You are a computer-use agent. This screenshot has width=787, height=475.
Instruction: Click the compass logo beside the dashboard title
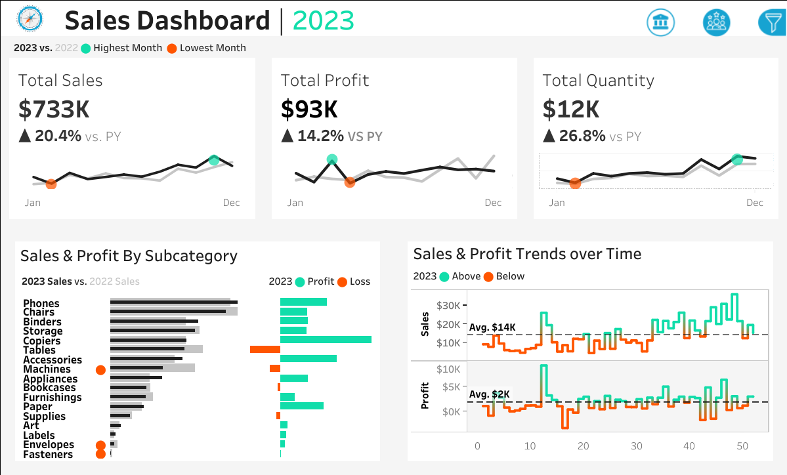point(30,20)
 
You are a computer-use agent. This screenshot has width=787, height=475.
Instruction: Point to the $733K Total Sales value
point(54,110)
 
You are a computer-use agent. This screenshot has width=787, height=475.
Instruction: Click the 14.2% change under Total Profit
point(321,136)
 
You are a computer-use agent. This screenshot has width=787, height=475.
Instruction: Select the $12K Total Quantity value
point(571,110)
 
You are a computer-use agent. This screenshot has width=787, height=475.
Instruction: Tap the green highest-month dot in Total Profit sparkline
point(332,159)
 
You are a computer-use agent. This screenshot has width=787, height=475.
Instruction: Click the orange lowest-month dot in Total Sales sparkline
point(51,184)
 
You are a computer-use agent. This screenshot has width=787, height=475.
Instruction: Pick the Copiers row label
point(41,341)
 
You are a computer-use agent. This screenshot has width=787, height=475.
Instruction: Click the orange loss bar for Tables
point(261,350)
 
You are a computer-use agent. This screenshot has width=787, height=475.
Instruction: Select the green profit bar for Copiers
point(326,340)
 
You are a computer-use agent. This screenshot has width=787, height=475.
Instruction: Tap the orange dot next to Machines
point(100,370)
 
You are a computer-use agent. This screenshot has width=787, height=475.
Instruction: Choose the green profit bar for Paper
point(302,406)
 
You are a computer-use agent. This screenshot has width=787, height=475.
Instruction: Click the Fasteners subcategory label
point(48,455)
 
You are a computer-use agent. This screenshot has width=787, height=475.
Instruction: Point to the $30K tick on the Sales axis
point(448,305)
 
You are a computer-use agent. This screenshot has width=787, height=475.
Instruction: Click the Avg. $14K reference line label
point(492,327)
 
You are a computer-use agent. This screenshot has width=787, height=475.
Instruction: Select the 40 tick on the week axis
point(689,446)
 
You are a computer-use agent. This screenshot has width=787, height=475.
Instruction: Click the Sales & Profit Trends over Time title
point(527,254)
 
